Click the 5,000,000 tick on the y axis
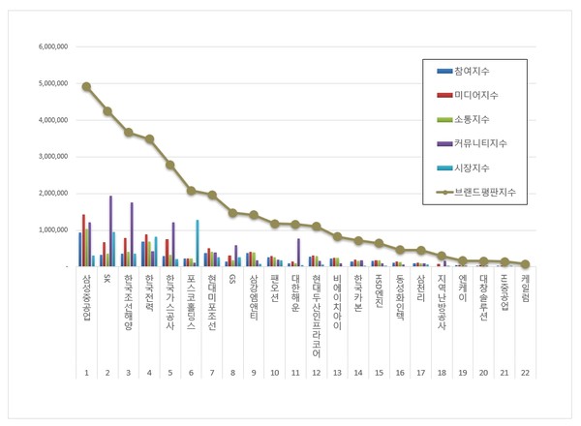click(46, 83)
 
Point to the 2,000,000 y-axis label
click(46, 193)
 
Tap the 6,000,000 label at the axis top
click(46, 46)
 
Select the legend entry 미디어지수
click(470, 95)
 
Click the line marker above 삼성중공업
click(86, 86)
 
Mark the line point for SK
click(107, 111)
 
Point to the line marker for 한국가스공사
click(170, 165)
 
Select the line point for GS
click(233, 212)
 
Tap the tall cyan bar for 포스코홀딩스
click(198, 242)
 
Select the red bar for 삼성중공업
click(84, 240)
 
